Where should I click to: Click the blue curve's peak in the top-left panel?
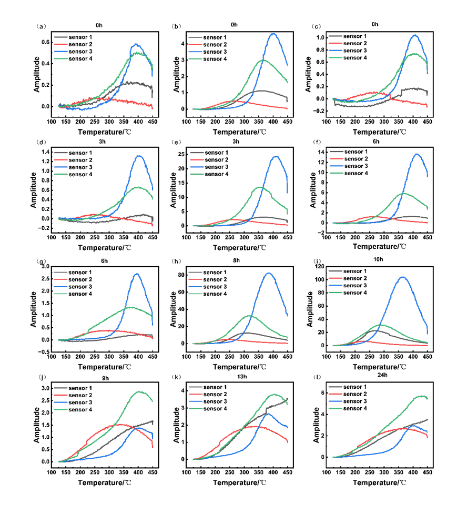click(137, 44)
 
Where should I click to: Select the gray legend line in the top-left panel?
click(60, 37)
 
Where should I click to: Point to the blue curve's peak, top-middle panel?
click(273, 34)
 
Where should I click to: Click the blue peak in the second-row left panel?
click(139, 156)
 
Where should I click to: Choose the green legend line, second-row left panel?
click(60, 173)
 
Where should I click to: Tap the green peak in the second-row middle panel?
click(260, 187)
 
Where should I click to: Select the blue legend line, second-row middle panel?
click(196, 166)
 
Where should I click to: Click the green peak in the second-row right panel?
click(404, 193)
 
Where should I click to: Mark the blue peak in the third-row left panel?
click(137, 274)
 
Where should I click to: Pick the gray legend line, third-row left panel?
click(60, 273)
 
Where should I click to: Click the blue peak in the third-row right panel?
click(402, 277)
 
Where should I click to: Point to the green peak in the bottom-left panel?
click(140, 391)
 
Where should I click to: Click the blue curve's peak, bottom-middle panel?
click(268, 414)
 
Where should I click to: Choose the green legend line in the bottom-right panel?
click(336, 408)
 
